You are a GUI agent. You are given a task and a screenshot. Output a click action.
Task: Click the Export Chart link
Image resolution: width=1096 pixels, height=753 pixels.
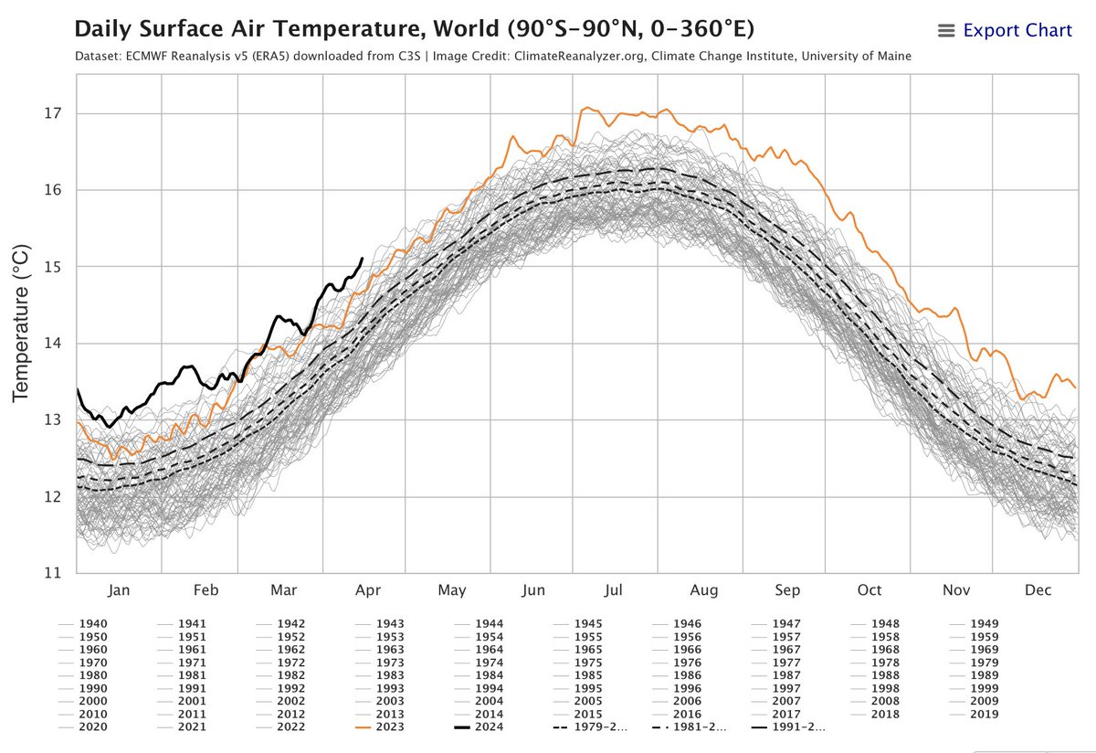point(1017,30)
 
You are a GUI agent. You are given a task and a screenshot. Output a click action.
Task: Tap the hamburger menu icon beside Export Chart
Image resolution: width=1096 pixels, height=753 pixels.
point(946,31)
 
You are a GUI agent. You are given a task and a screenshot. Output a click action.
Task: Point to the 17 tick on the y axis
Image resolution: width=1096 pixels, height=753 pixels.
point(53,113)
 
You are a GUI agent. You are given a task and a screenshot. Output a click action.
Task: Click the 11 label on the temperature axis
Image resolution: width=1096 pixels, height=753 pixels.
point(53,572)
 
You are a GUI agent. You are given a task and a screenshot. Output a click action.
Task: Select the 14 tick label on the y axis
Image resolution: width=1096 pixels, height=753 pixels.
point(53,343)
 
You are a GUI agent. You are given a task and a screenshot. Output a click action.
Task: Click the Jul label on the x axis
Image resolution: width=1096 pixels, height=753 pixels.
point(613,590)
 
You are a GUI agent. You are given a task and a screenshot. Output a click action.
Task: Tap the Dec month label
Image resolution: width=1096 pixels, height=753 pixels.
point(1038,590)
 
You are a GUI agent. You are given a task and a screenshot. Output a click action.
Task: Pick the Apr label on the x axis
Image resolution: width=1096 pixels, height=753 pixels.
point(368,590)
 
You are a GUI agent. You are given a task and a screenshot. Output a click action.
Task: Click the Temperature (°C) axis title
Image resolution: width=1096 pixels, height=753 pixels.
point(21,323)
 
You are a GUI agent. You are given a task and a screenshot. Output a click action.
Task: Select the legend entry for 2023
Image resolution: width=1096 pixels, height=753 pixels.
point(380,727)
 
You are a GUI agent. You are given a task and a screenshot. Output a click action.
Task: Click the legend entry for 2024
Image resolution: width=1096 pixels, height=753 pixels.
point(479,727)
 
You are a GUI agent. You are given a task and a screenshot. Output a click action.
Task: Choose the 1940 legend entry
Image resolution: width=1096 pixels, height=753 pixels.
point(83,624)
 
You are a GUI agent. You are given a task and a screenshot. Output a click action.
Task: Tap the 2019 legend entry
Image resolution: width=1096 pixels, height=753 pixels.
point(975,715)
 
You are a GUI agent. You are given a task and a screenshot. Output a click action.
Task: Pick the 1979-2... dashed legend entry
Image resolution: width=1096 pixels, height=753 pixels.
point(590,727)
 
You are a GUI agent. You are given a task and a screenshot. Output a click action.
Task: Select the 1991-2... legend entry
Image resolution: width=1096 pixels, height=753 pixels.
point(788,727)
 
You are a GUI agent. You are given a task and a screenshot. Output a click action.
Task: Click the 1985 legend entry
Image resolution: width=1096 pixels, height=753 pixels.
point(578,675)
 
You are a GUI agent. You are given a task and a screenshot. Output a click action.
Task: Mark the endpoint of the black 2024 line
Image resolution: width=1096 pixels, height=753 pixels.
point(362,258)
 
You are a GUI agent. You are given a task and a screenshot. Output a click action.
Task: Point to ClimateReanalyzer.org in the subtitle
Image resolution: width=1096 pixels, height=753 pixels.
point(579,57)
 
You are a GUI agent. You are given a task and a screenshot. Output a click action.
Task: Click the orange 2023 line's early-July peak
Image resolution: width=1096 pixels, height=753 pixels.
point(587,107)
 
